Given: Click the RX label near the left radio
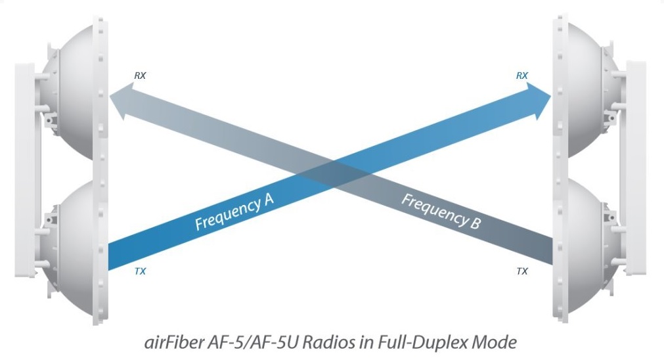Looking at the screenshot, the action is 140,76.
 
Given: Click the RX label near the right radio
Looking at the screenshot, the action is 521,76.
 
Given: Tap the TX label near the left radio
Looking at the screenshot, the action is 140,271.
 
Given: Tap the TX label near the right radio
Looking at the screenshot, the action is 522,271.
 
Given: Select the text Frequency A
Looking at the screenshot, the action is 234,212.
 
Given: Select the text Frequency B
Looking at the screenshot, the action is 441,211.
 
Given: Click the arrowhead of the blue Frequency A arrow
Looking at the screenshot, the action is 539,101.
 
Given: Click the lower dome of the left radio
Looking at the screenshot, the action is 72,250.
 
